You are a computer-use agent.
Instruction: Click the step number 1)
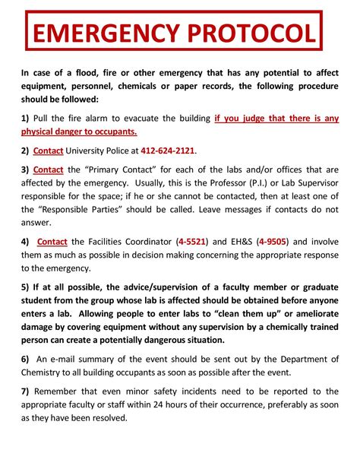(x=26, y=118)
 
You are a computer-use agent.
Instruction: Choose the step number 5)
(x=26, y=288)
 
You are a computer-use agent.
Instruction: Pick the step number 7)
(x=26, y=392)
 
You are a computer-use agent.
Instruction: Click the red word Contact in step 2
(x=48, y=150)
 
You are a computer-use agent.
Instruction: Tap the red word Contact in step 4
(x=52, y=242)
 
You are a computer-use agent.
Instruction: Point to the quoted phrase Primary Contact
(x=131, y=170)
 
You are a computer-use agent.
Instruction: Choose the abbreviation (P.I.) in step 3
(x=235, y=183)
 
